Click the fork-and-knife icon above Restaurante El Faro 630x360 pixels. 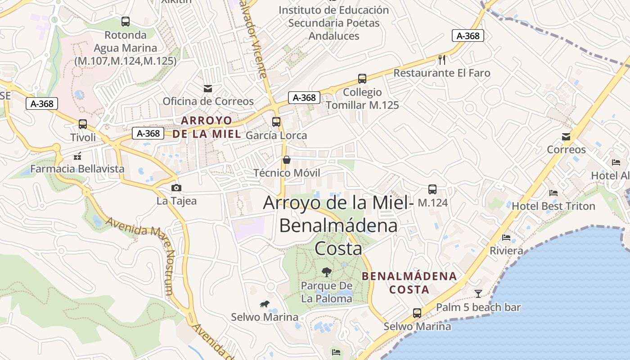442,59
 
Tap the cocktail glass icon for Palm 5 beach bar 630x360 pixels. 478,294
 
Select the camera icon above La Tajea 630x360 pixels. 176,188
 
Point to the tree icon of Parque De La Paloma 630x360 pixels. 326,272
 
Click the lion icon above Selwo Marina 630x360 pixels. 265,304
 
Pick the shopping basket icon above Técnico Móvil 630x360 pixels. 286,160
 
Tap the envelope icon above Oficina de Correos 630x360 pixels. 208,88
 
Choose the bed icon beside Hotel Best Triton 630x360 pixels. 553,193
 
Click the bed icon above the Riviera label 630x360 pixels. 506,237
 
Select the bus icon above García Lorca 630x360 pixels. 276,121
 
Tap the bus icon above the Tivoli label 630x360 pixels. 83,124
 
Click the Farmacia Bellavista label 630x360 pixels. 77,169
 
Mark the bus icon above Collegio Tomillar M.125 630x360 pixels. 362,79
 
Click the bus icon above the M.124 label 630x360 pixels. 432,189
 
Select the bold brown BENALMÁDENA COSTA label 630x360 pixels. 409,283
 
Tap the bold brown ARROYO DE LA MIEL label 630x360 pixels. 207,127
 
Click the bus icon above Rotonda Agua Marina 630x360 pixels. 126,21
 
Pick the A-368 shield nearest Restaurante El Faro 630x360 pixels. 468,36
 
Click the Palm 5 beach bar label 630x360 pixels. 478,307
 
